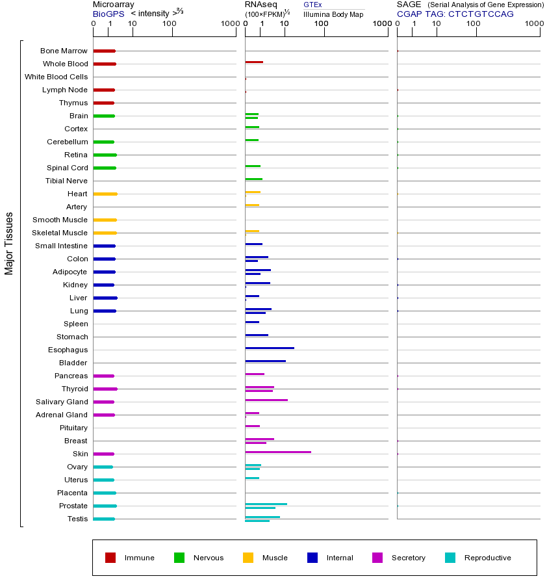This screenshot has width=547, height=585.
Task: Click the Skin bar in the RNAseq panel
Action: point(278,452)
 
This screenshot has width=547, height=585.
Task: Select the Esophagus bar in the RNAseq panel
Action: point(270,348)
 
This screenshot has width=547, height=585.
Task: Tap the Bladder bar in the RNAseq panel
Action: point(265,361)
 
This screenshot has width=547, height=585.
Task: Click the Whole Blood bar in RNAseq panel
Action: point(254,62)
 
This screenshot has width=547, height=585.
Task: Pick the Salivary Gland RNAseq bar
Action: point(266,400)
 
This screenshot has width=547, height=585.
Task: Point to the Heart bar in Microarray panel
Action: point(105,194)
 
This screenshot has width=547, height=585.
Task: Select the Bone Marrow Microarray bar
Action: point(104,51)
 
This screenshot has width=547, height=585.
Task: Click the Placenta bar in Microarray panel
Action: point(105,493)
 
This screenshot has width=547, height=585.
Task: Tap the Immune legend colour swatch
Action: point(110,558)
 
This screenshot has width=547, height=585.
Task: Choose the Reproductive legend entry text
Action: point(487,558)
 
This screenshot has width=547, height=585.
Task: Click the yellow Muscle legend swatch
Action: point(248,558)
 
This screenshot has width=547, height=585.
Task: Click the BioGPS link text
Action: point(108,14)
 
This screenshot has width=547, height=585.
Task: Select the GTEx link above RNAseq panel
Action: point(312,5)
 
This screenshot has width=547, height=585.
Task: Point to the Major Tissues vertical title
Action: point(9,242)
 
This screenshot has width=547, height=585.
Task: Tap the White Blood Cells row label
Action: point(56,77)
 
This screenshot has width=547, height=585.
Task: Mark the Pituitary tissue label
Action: point(73,428)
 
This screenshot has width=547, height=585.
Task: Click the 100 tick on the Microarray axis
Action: point(170,24)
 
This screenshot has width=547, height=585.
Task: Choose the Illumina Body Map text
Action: point(333,14)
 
